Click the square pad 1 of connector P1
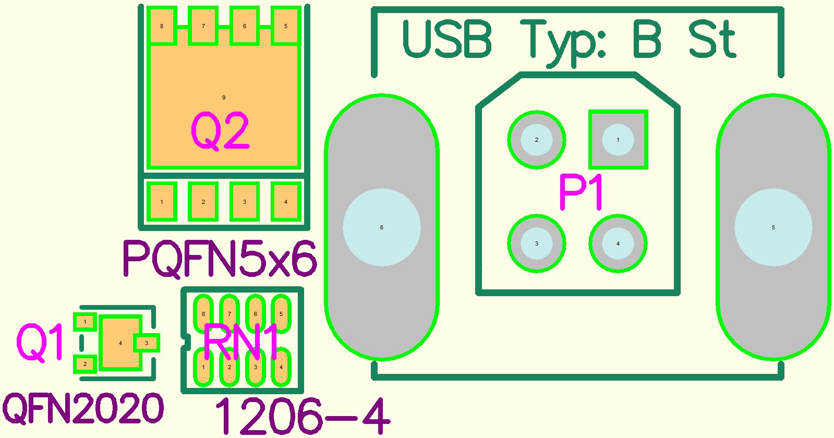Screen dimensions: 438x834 [x=618, y=140]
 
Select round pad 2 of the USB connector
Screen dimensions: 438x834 [x=537, y=140]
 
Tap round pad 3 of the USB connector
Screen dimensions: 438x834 [x=537, y=244]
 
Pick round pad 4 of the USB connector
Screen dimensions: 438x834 [x=618, y=244]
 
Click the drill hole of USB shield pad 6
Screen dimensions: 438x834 [x=381, y=227]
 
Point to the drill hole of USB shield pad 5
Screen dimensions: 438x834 [x=773, y=227]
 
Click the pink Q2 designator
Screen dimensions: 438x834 [x=220, y=131]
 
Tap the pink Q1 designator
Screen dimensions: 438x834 [x=40, y=343]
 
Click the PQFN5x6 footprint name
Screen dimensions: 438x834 [x=220, y=259]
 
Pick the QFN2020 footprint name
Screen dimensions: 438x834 [x=83, y=409]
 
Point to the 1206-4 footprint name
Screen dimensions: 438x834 [x=302, y=416]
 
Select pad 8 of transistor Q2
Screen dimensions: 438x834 [x=162, y=26]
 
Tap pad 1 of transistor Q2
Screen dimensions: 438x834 [x=162, y=202]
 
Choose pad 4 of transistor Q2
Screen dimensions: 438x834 [x=286, y=202]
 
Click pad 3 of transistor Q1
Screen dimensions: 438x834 [x=147, y=343]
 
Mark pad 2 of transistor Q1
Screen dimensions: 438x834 [x=85, y=364]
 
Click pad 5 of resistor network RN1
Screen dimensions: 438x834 [x=281, y=314]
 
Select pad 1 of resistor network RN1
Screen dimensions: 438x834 [x=203, y=367]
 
